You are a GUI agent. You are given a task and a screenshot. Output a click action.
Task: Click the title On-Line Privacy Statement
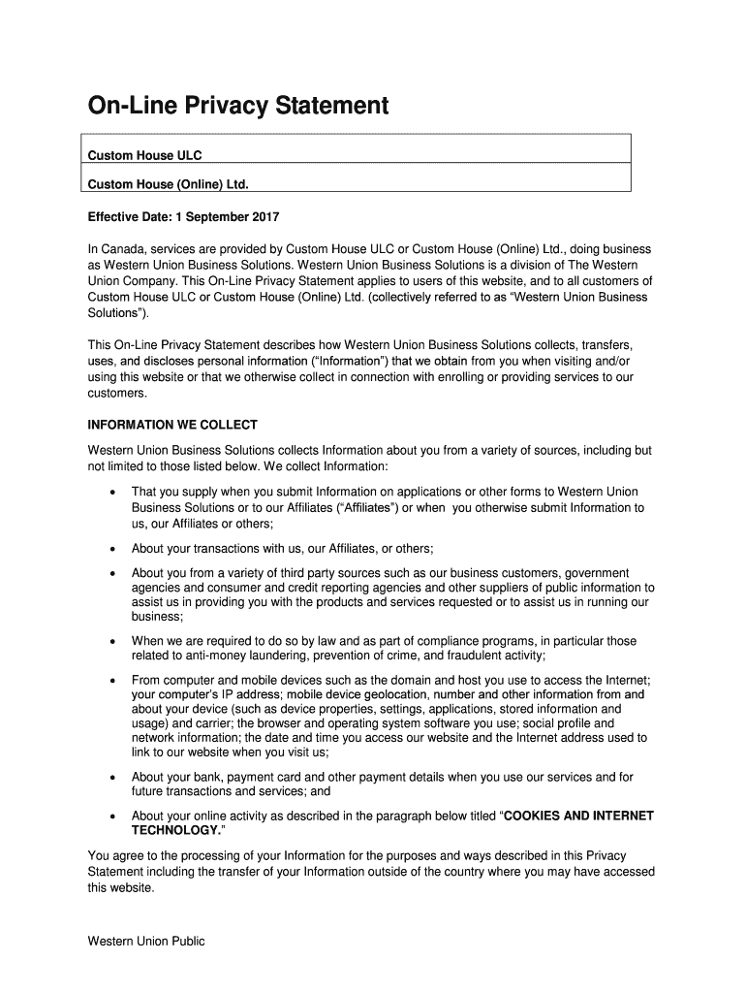tap(238, 105)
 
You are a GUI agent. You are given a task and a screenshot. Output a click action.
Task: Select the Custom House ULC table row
tap(358, 155)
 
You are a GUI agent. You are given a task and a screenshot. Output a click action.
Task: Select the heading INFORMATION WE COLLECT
tap(172, 425)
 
